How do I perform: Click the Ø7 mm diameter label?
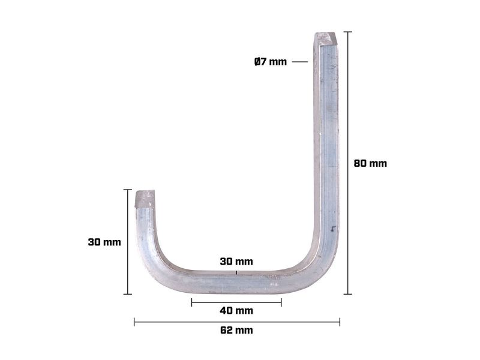[x=271, y=62]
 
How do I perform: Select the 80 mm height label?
[x=370, y=163]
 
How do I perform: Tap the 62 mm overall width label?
[x=236, y=330]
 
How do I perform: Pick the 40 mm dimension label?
[x=236, y=310]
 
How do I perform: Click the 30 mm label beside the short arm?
[x=104, y=242]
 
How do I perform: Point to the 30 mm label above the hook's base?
[x=236, y=262]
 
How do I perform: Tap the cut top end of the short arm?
[x=146, y=197]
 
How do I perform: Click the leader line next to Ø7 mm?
[x=300, y=62]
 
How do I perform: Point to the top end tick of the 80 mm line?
[x=347, y=31]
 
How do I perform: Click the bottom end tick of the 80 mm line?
[x=347, y=294]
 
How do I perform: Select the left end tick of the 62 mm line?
[x=134, y=322]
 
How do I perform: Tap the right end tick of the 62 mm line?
[x=340, y=322]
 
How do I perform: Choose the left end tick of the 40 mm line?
[x=192, y=302]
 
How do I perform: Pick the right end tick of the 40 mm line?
[x=281, y=302]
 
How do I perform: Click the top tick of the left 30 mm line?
[x=127, y=190]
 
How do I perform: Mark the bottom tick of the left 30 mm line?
[x=127, y=294]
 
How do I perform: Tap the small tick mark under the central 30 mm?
[x=236, y=272]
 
